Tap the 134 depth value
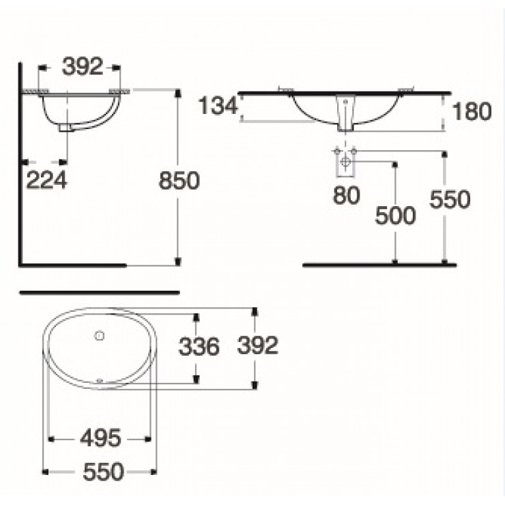tap(218, 107)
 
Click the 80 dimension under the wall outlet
tap(346, 196)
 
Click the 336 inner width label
tap(199, 347)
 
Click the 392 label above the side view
tap(82, 67)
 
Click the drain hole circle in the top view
tap(98, 336)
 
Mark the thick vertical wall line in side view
tap(22, 164)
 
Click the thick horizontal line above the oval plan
tap(100, 293)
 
